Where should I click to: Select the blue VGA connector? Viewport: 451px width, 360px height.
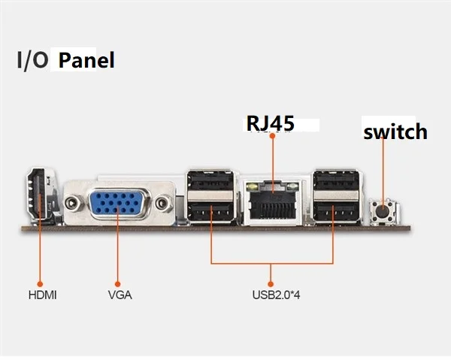(x=118, y=203)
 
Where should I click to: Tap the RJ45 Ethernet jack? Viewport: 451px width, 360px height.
(x=272, y=202)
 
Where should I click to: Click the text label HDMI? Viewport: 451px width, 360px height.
(x=43, y=295)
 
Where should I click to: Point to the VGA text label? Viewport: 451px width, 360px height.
(x=120, y=295)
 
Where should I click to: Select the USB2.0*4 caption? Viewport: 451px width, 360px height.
(x=276, y=295)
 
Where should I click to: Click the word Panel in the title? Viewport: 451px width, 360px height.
(x=86, y=60)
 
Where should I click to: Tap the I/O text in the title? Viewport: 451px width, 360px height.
(x=32, y=60)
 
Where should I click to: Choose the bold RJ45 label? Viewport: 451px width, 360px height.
(x=271, y=123)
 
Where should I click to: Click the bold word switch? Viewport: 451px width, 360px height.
(x=395, y=132)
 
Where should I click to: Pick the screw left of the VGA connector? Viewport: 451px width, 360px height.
(x=71, y=203)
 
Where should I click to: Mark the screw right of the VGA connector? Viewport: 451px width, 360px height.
(x=163, y=203)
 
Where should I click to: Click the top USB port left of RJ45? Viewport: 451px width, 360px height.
(x=211, y=180)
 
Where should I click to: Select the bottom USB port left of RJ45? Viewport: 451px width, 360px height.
(x=211, y=212)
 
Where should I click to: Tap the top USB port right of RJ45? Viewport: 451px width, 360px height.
(x=336, y=180)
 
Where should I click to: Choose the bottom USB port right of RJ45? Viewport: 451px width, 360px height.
(x=336, y=212)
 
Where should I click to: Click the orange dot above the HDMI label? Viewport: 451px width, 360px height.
(x=40, y=284)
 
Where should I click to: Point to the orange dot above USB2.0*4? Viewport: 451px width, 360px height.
(x=271, y=284)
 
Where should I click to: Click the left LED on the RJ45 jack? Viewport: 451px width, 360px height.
(x=253, y=187)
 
